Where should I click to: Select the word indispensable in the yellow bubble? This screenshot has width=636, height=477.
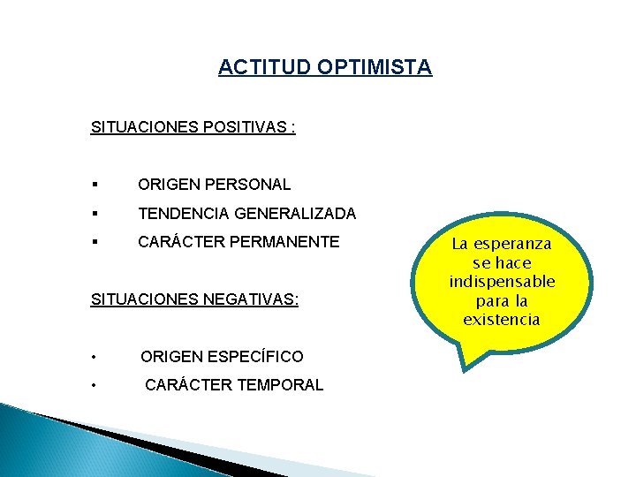coord(502,282)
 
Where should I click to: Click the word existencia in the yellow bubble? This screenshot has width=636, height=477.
coord(502,320)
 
